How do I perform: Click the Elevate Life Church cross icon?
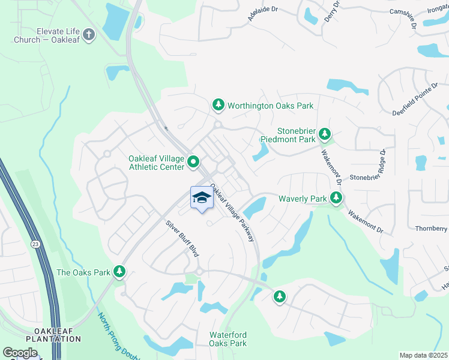(89, 34)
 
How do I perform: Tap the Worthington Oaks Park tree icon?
(218, 106)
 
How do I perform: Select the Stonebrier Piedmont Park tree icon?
(324, 134)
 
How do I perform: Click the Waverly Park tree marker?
(336, 198)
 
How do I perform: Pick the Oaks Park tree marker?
(119, 272)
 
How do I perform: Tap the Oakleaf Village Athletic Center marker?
(193, 161)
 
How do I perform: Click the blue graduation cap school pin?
(202, 199)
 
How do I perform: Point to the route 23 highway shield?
(35, 244)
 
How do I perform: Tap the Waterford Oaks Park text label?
(228, 339)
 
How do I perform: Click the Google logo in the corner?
(20, 353)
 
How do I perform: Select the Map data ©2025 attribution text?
(423, 355)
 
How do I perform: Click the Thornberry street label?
(432, 229)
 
